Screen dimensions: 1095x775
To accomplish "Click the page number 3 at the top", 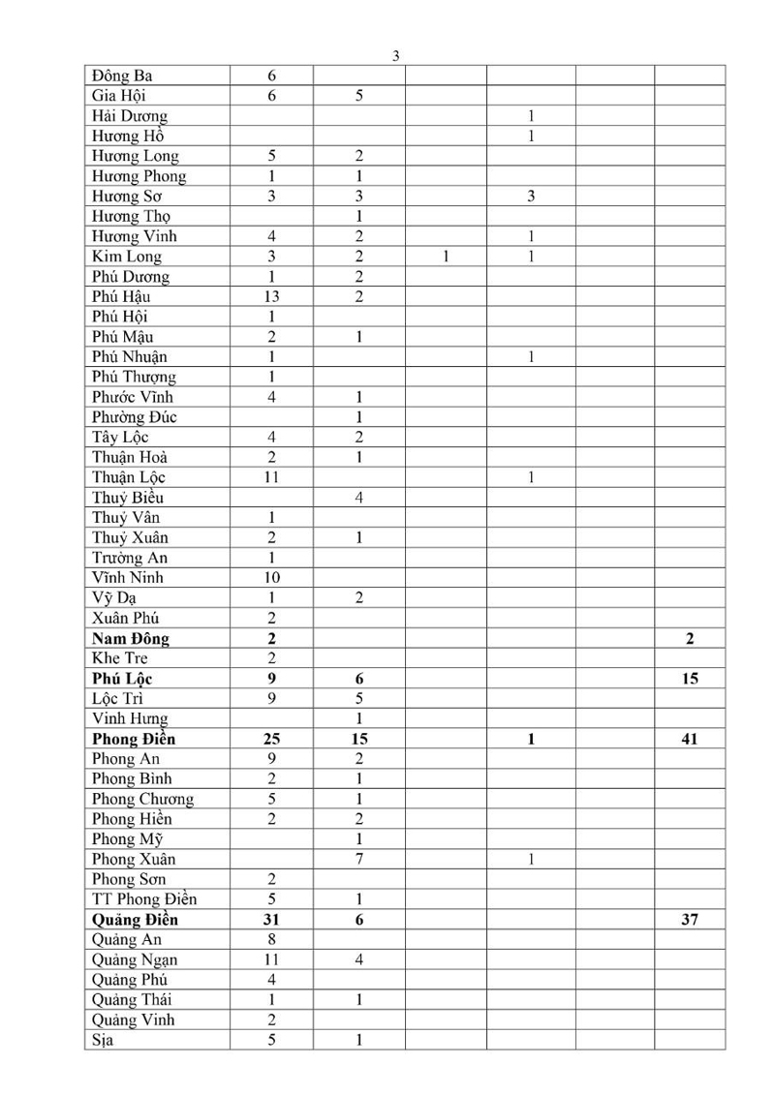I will [395, 56].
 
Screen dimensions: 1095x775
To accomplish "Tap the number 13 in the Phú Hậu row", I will [271, 297].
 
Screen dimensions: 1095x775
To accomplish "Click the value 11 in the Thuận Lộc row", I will [271, 477].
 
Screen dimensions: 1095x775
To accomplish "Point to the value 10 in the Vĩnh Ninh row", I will [271, 578].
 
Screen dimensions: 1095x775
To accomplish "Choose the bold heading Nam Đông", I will [132, 639].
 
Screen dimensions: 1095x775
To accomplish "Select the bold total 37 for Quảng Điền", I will [690, 920].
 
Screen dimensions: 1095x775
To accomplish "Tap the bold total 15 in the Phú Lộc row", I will [690, 679].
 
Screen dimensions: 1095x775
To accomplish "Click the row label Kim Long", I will [127, 257].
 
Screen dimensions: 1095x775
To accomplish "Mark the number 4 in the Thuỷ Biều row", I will [358, 498].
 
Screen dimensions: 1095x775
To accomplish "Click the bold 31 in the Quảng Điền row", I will [271, 920].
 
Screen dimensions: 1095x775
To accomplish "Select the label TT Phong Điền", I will [144, 899].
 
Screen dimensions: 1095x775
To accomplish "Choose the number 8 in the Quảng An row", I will [271, 939].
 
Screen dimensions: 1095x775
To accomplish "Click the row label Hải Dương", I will [130, 116].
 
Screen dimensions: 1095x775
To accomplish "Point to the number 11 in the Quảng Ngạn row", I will [271, 959].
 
